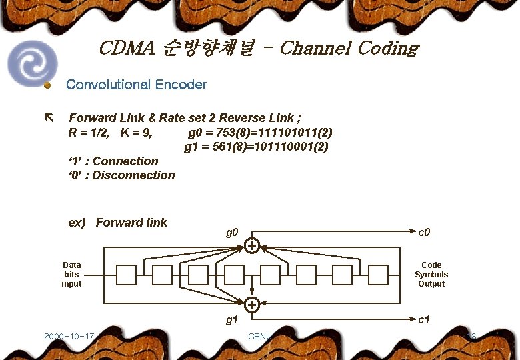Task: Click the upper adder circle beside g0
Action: (252, 247)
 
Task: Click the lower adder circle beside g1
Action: (252, 305)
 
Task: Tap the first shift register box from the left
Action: (126, 275)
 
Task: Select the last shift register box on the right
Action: (378, 275)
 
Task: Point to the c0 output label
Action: (424, 233)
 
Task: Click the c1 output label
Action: (424, 320)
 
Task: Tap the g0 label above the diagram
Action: (232, 233)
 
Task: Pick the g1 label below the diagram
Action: (232, 320)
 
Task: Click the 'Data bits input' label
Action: (71, 275)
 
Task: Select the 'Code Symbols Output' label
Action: (431, 275)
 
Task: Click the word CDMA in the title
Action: (127, 49)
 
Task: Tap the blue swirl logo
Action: (31, 63)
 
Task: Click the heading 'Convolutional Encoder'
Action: (137, 85)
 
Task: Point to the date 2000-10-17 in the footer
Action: (69, 336)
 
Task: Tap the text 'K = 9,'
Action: (137, 132)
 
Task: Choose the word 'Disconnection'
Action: (134, 175)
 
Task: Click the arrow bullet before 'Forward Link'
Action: (48, 118)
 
